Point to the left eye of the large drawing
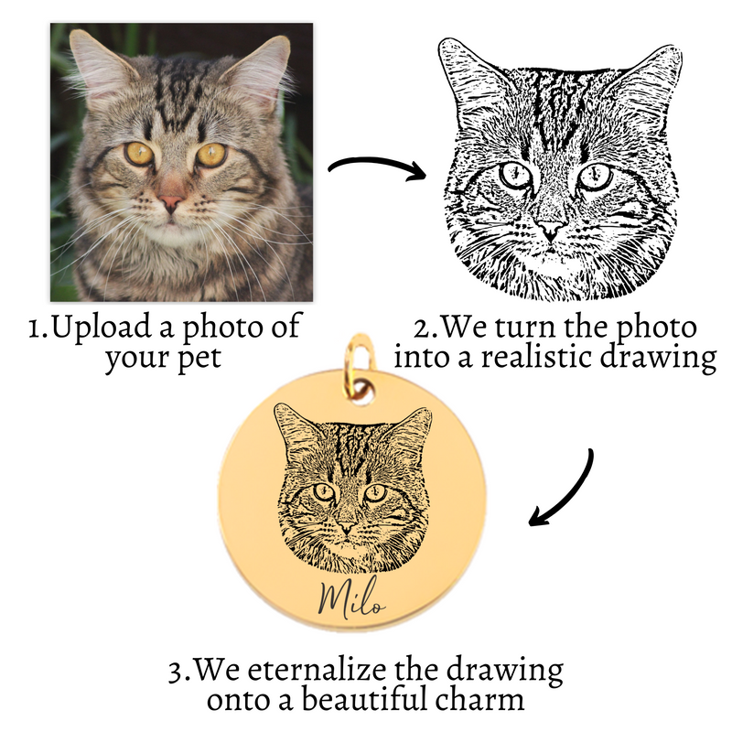tap(515, 174)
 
